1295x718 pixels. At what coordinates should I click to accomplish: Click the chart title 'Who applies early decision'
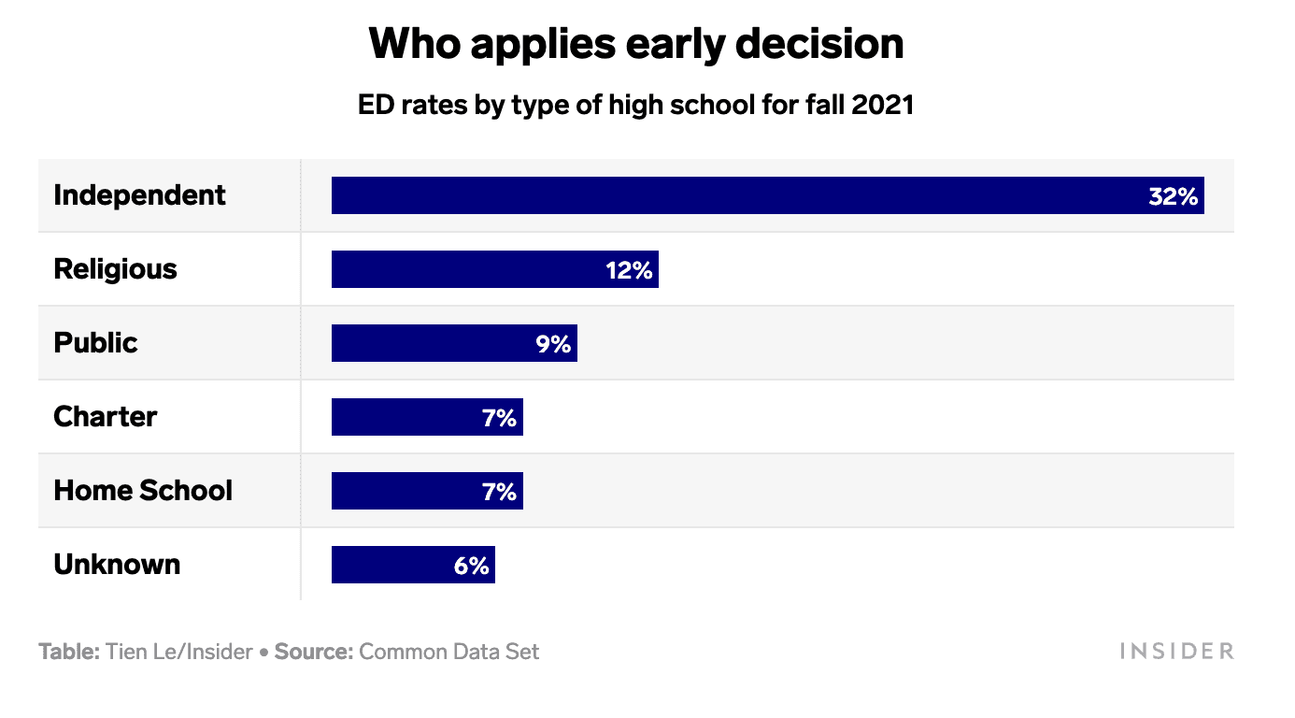pyautogui.click(x=636, y=44)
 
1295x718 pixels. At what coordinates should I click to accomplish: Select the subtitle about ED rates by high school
pyautogui.click(x=635, y=105)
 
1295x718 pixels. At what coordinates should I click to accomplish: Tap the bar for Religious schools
pyautogui.click(x=467, y=269)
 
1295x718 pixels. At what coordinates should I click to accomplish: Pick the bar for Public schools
pyautogui.click(x=430, y=343)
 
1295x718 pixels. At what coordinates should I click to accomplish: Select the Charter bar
pyautogui.click(x=402, y=417)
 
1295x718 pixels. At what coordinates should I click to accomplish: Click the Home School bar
pyautogui.click(x=402, y=491)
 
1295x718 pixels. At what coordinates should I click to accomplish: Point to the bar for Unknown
pyautogui.click(x=388, y=565)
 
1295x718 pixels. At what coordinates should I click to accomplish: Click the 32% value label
pyautogui.click(x=1173, y=196)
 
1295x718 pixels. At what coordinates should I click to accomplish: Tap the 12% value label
pyautogui.click(x=629, y=270)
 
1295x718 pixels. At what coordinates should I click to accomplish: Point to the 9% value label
pyautogui.click(x=553, y=344)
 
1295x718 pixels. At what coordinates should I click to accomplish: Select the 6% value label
pyautogui.click(x=472, y=566)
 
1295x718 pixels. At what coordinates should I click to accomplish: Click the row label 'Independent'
pyautogui.click(x=139, y=195)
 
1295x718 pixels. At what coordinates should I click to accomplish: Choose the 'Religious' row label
pyautogui.click(x=115, y=269)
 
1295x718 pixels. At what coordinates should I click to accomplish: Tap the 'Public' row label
pyautogui.click(x=95, y=343)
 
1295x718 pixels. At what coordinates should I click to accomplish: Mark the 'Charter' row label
pyautogui.click(x=105, y=417)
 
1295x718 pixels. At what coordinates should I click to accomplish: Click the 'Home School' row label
pyautogui.click(x=143, y=491)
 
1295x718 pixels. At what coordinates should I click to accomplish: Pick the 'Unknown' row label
pyautogui.click(x=117, y=565)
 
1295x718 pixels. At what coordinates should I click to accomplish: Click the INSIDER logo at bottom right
pyautogui.click(x=1176, y=652)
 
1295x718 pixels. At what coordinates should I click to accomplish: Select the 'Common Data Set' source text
pyautogui.click(x=448, y=652)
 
